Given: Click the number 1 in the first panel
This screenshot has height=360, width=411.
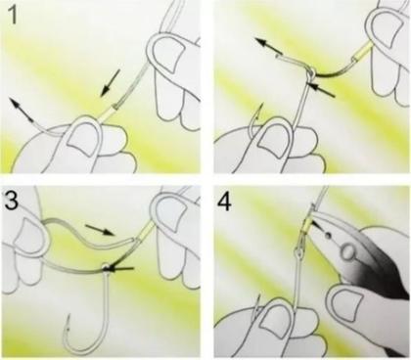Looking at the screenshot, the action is [13, 15].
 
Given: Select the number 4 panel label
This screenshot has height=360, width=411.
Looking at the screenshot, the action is [225, 202].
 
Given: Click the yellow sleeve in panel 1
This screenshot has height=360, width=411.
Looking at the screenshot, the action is [107, 112].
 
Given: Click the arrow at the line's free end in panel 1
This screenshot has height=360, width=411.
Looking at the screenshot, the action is [22, 110].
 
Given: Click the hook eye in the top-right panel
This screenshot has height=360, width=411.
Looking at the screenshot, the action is [311, 73].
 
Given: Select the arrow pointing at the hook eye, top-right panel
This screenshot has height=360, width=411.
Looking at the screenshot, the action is [322, 90].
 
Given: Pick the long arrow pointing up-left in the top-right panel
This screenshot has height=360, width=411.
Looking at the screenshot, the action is [269, 46].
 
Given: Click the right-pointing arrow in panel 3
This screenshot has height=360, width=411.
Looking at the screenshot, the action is [100, 229].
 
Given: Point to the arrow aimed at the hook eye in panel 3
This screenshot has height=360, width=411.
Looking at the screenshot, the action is [121, 268].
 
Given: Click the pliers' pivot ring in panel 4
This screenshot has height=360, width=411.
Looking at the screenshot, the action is [347, 251].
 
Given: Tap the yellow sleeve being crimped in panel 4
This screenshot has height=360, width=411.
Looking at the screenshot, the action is [307, 225].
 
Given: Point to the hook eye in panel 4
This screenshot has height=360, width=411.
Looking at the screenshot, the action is [298, 251].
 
